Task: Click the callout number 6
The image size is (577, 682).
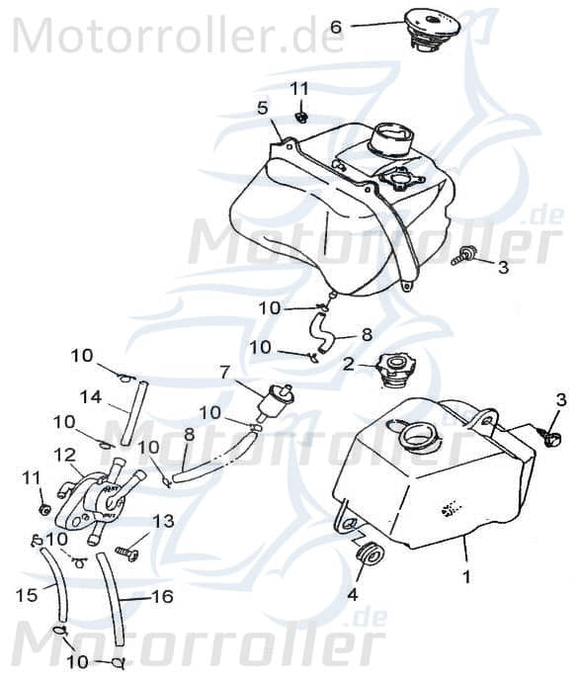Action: tap(336, 27)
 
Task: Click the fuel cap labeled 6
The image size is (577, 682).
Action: tap(432, 30)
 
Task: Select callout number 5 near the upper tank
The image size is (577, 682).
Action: tap(262, 108)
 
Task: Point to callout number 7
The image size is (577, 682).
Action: tap(224, 373)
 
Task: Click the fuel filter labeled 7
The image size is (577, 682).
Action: tap(276, 402)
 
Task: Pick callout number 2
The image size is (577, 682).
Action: tap(349, 365)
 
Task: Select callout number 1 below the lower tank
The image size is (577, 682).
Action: tap(467, 577)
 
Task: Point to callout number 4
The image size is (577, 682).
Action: tap(352, 595)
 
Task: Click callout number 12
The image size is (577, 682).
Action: tap(65, 456)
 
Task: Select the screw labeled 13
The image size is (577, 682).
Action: tap(126, 554)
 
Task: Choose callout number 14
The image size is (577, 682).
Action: tap(91, 397)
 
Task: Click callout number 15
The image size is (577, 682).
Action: tap(27, 595)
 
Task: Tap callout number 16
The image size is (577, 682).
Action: tap(163, 596)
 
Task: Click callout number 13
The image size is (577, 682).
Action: tap(163, 521)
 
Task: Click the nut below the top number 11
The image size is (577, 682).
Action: tap(300, 116)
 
